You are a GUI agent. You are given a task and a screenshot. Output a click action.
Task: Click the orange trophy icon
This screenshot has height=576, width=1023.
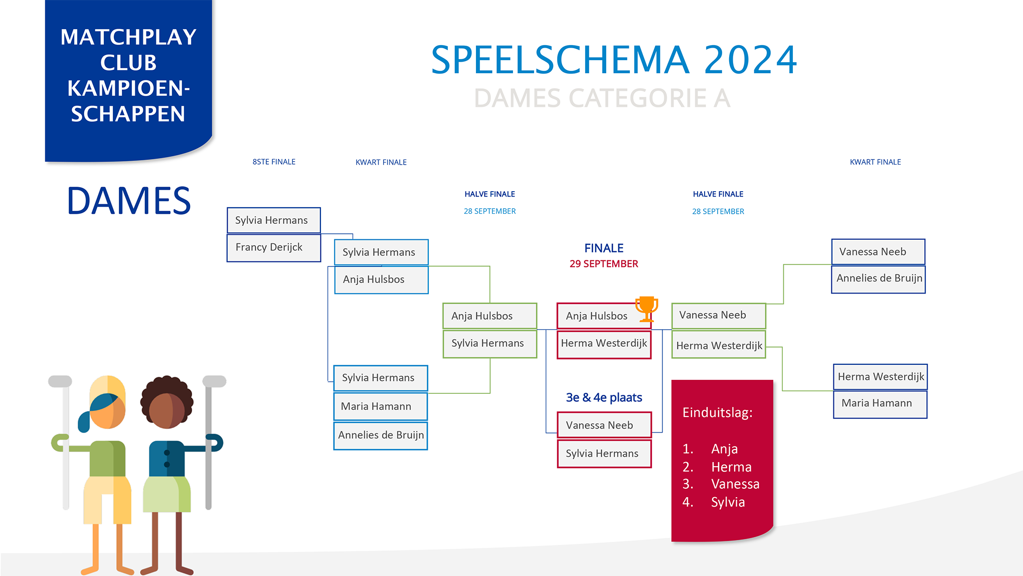[x=646, y=309]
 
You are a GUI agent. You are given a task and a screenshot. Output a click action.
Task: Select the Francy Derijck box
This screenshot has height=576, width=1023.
[x=274, y=248]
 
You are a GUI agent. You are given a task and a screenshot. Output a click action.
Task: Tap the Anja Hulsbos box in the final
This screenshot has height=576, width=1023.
[x=604, y=316]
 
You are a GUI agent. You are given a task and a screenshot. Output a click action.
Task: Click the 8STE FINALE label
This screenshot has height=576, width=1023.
[x=274, y=162]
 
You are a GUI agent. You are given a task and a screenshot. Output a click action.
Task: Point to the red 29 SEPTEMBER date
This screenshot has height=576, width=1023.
[x=604, y=264]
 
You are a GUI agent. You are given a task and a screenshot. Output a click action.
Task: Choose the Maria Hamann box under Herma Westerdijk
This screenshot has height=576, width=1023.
[x=880, y=404]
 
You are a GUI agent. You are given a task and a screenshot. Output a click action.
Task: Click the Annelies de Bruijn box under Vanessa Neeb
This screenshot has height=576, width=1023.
[x=879, y=279]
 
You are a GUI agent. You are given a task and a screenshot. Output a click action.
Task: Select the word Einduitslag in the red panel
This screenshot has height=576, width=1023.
[x=717, y=412]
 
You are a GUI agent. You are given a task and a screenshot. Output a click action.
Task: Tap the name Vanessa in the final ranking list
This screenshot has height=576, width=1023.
[x=735, y=484]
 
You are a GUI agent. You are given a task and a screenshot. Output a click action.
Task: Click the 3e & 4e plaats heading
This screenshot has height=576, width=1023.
[x=604, y=397]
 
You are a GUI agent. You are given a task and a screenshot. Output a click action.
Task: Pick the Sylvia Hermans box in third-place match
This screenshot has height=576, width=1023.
[x=604, y=454]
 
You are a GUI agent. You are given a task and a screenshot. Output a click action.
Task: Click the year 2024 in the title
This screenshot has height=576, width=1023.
[x=750, y=60]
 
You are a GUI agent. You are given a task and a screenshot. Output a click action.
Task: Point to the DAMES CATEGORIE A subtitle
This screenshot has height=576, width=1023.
[x=602, y=98]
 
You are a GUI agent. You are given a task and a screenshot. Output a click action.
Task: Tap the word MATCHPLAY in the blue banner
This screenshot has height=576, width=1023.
[x=128, y=37]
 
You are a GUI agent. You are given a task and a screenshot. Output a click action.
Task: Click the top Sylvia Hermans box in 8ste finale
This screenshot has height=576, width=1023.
[x=274, y=220]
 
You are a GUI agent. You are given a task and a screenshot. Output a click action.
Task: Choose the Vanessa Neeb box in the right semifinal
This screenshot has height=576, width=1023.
[x=719, y=316]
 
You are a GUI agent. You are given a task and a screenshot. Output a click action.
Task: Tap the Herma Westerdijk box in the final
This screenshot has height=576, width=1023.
[x=604, y=344]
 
